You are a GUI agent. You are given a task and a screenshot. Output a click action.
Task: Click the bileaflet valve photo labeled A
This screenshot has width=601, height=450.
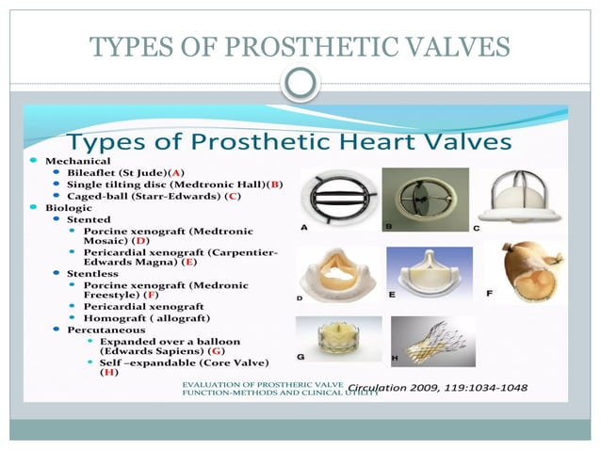(338, 198)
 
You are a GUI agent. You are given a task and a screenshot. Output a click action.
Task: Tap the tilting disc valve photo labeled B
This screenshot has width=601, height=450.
(425, 199)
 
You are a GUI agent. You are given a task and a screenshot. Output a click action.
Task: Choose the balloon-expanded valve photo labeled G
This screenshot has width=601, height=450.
(338, 338)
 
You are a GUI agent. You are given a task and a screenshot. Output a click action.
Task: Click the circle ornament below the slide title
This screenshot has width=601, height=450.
(300, 85)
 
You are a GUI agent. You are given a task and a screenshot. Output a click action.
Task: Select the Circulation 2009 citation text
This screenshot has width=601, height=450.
(437, 387)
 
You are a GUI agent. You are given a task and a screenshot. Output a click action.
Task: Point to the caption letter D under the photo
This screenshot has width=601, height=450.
(300, 298)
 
